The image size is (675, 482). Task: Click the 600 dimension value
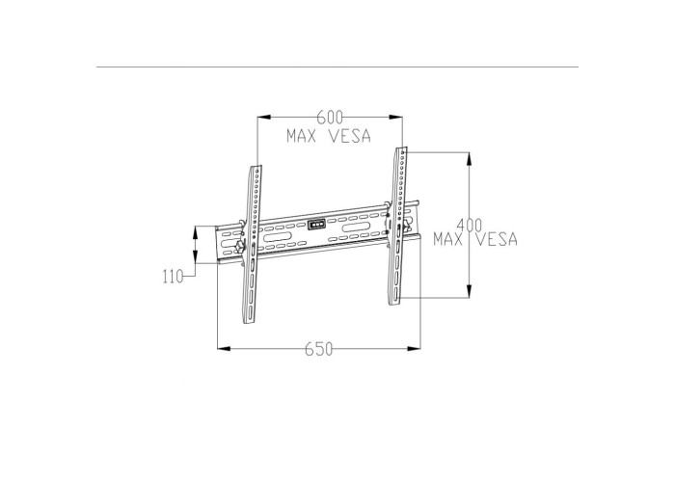pos(330,117)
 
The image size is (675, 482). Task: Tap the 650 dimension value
pos(319,349)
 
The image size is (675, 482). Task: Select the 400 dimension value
pos(470,225)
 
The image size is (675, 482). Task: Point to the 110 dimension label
pos(173,277)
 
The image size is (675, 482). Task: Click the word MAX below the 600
pos(302,136)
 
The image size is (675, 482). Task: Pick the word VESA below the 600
pos(349,136)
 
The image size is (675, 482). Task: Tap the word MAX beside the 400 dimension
pos(448,239)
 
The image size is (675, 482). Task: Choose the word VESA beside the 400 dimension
pos(497,239)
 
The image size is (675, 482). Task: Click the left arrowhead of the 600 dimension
pos(264,117)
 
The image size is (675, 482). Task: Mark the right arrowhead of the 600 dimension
pos(395,117)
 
